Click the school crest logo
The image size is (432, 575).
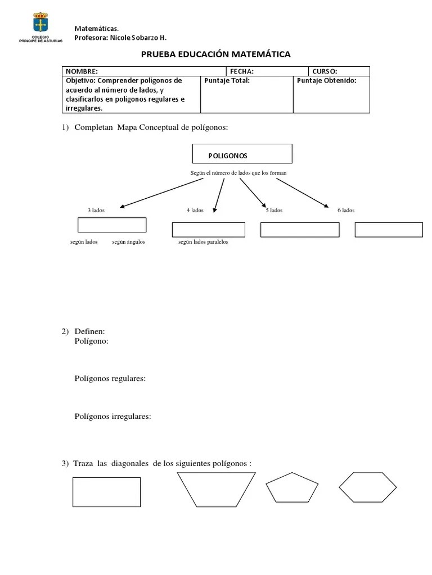[x=40, y=25]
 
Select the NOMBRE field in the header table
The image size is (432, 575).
[x=143, y=71]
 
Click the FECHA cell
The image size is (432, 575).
[x=267, y=71]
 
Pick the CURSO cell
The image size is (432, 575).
[x=339, y=71]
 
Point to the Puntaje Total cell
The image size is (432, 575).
[x=246, y=94]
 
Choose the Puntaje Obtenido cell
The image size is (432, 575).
[x=331, y=94]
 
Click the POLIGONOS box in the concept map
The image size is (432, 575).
[x=242, y=154]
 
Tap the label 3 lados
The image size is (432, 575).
[x=96, y=210]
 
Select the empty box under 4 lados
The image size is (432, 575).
[x=208, y=230]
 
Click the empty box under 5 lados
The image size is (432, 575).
[x=300, y=230]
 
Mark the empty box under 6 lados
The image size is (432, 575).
[x=389, y=230]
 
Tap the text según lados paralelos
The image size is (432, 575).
[x=203, y=242]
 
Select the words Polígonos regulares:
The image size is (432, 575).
[x=110, y=378]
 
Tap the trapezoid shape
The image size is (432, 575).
[x=217, y=489]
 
